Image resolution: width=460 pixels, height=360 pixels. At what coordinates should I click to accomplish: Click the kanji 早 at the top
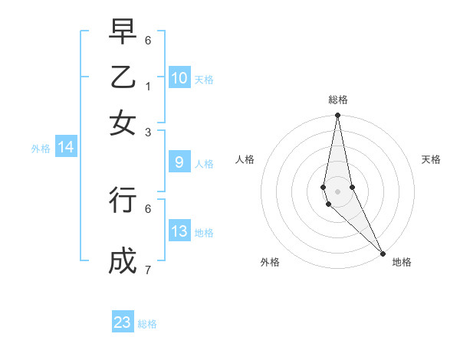pyautogui.click(x=123, y=33)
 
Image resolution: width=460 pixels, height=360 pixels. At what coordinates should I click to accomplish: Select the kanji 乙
pyautogui.click(x=123, y=77)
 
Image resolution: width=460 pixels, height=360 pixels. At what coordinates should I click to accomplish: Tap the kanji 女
pyautogui.click(x=123, y=122)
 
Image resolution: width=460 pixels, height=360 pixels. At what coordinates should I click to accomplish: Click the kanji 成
pyautogui.click(x=123, y=260)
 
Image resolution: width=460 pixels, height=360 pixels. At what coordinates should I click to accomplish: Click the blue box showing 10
pyautogui.click(x=179, y=78)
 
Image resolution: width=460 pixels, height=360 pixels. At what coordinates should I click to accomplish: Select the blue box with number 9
pyautogui.click(x=179, y=162)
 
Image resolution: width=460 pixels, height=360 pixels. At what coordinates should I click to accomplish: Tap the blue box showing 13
pyautogui.click(x=179, y=232)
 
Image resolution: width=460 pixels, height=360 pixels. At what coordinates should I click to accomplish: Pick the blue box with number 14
pyautogui.click(x=66, y=148)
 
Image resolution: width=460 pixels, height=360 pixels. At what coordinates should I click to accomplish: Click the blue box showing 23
pyautogui.click(x=123, y=322)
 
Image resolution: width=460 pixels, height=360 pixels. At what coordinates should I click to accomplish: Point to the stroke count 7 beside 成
pyautogui.click(x=148, y=270)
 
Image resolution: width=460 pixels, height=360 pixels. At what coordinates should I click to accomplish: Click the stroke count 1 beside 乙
pyautogui.click(x=148, y=86)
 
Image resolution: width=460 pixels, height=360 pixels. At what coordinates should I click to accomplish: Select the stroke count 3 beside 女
pyautogui.click(x=148, y=132)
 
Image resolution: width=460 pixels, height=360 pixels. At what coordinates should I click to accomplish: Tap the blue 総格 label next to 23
pyautogui.click(x=147, y=324)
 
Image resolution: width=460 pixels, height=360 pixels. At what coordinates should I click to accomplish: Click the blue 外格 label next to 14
pyautogui.click(x=41, y=149)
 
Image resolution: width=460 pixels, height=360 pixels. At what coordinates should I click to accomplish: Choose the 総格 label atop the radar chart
pyautogui.click(x=338, y=100)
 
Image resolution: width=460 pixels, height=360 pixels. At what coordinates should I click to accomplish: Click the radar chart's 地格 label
pyautogui.click(x=402, y=262)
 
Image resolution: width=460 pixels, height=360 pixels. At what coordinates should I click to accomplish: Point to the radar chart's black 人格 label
pyautogui.click(x=245, y=159)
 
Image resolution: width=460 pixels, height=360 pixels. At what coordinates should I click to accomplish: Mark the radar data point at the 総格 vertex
pyautogui.click(x=337, y=116)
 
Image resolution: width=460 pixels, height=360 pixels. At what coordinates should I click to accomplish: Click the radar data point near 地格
pyautogui.click(x=383, y=252)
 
